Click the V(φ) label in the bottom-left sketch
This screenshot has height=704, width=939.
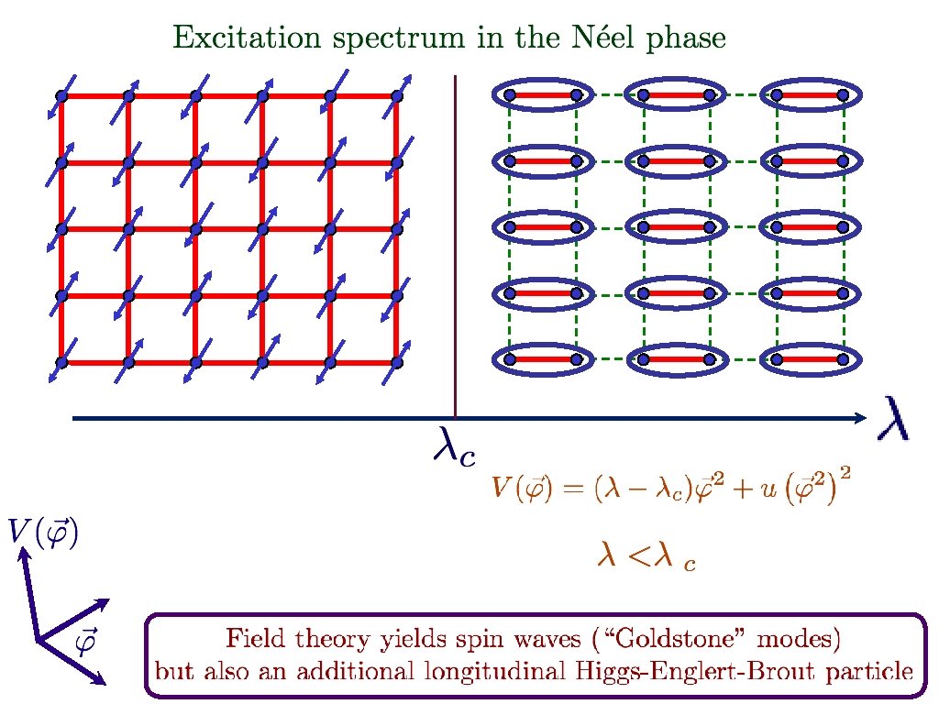(x=42, y=533)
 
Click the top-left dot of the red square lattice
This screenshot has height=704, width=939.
(x=62, y=95)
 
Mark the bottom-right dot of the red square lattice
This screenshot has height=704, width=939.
(x=396, y=362)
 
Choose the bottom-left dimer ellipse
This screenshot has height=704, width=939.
(x=541, y=360)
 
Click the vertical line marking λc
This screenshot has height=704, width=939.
(x=456, y=247)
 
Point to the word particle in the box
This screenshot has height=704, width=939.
(x=868, y=671)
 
